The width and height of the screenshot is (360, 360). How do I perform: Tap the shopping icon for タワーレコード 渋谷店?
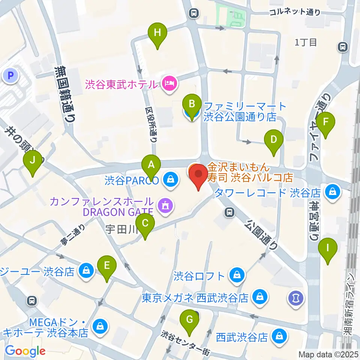332,192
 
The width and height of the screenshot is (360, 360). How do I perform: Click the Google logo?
25,351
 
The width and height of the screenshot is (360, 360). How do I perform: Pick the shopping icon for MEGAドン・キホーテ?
100,326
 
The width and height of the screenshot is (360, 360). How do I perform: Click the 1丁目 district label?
306,42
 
